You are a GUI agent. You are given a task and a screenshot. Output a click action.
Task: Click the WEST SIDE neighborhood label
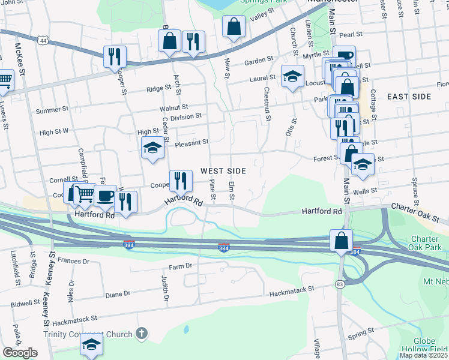click(223, 171)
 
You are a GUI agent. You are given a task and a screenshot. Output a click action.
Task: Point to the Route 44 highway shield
click(41, 40)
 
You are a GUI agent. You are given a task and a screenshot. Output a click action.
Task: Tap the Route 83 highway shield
click(340, 284)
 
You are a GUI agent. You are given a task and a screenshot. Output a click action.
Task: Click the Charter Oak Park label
click(426, 242)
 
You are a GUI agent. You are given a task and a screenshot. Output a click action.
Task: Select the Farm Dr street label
click(180, 266)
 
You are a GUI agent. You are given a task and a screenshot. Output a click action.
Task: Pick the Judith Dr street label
click(163, 285)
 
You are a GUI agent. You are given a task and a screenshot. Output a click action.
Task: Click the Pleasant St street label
click(191, 143)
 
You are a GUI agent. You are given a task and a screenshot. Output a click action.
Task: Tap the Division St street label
click(185, 116)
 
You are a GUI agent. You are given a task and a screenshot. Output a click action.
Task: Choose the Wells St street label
click(366, 190)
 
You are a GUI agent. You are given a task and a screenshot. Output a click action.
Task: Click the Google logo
click(20, 353)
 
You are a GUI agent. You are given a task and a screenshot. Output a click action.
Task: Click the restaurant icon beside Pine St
click(179, 179)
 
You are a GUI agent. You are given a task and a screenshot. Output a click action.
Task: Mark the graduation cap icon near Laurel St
click(292, 76)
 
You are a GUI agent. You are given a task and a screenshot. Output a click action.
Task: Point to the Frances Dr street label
click(74, 262)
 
